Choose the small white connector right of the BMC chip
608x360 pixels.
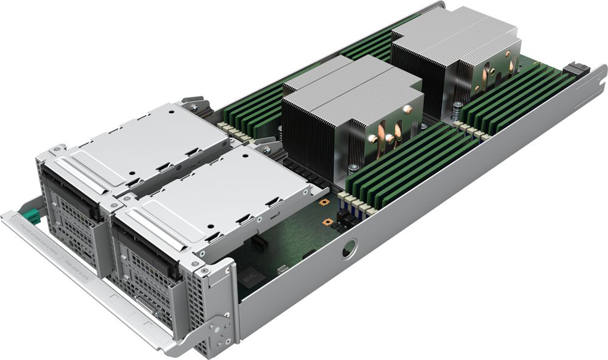coord(282,269)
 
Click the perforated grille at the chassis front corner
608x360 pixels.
coord(201,304)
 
